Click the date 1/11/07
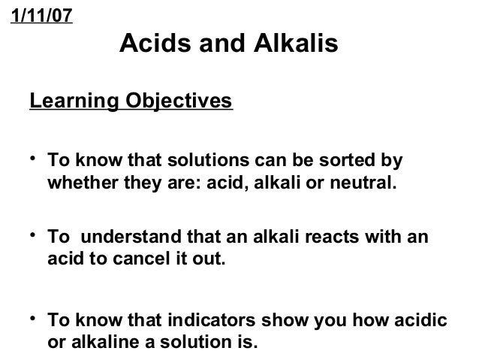(41, 17)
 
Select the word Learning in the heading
(66, 101)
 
